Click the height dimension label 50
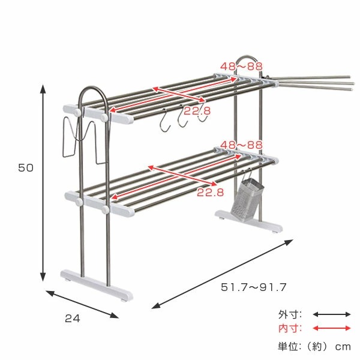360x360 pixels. pyautogui.click(x=26, y=168)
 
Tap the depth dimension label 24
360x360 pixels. pyautogui.click(x=73, y=319)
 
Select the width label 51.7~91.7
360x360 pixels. pyautogui.click(x=254, y=287)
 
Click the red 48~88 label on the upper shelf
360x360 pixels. pyautogui.click(x=241, y=67)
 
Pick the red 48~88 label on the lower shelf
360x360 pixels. pyautogui.click(x=241, y=145)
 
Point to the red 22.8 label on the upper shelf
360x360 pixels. pyautogui.click(x=197, y=111)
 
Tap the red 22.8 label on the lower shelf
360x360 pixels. pyautogui.click(x=211, y=192)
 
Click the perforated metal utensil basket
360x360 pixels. pyautogui.click(x=247, y=197)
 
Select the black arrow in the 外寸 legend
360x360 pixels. pyautogui.click(x=332, y=314)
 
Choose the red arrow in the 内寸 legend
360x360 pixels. pyautogui.click(x=332, y=328)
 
